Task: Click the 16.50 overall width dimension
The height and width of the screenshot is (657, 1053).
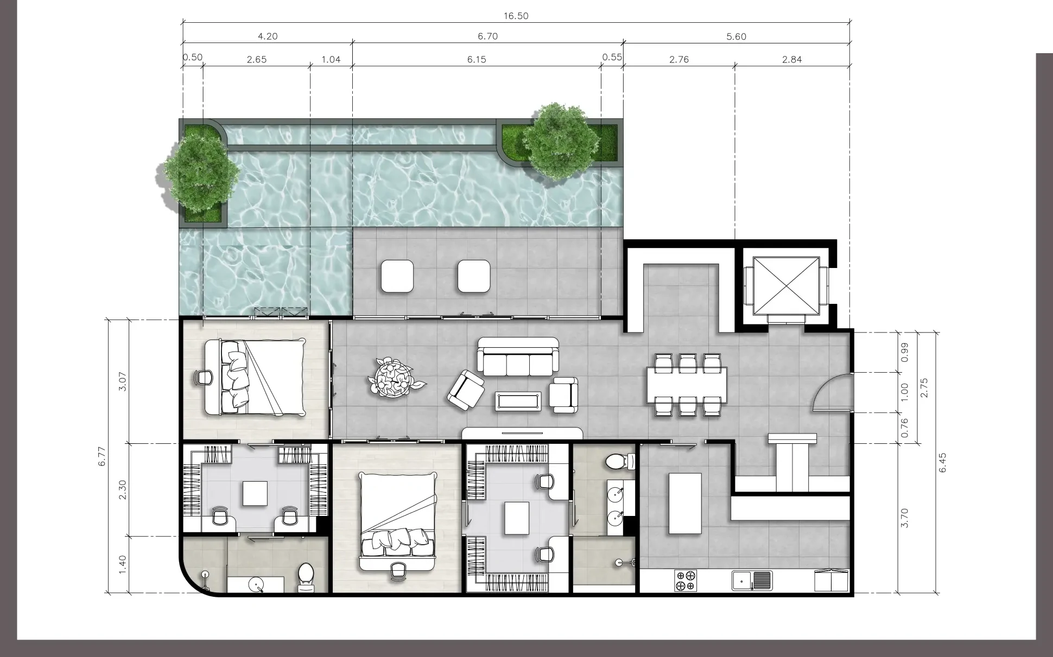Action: pyautogui.click(x=516, y=16)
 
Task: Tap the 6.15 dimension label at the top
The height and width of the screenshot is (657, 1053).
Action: pyautogui.click(x=477, y=59)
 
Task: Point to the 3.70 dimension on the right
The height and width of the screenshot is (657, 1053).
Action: pyautogui.click(x=904, y=518)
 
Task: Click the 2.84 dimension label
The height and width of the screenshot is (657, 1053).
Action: pyautogui.click(x=792, y=59)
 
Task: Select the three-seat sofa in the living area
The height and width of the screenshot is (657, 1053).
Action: pyautogui.click(x=518, y=356)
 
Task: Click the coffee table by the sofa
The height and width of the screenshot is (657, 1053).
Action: pyautogui.click(x=518, y=401)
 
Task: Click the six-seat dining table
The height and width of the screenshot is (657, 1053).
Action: pyautogui.click(x=687, y=385)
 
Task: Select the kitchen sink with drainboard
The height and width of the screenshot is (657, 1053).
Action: pyautogui.click(x=752, y=581)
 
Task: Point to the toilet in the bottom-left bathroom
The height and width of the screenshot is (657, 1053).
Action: pyautogui.click(x=306, y=578)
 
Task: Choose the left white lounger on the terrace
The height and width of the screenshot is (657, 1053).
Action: pyautogui.click(x=398, y=276)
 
